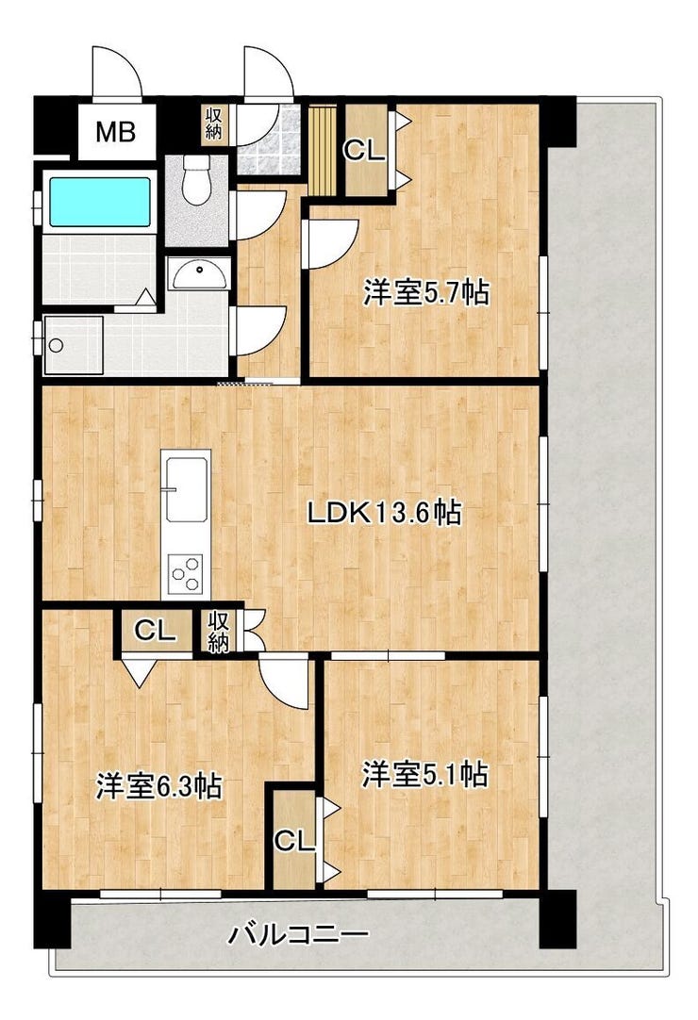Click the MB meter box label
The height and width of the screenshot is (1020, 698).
(115, 132)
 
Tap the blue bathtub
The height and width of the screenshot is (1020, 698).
(100, 201)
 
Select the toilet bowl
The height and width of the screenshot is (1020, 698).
(196, 182)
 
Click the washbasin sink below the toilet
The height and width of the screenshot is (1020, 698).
(199, 274)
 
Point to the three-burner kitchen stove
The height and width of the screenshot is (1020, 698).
(186, 573)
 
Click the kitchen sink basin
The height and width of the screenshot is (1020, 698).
(186, 489)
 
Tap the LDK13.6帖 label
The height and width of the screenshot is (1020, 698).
(385, 513)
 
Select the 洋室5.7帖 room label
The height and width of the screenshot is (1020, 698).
(426, 293)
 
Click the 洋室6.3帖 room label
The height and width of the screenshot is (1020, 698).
(158, 786)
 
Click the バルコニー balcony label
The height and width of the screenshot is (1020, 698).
(298, 936)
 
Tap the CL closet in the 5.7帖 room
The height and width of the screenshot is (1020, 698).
(365, 151)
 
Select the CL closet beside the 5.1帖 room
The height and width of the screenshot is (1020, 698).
(294, 841)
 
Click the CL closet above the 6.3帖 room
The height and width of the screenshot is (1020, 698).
(156, 630)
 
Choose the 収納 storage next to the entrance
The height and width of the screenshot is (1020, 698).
(214, 123)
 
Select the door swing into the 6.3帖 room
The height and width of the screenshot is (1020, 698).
(285, 681)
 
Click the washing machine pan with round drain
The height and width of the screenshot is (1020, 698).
(74, 345)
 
